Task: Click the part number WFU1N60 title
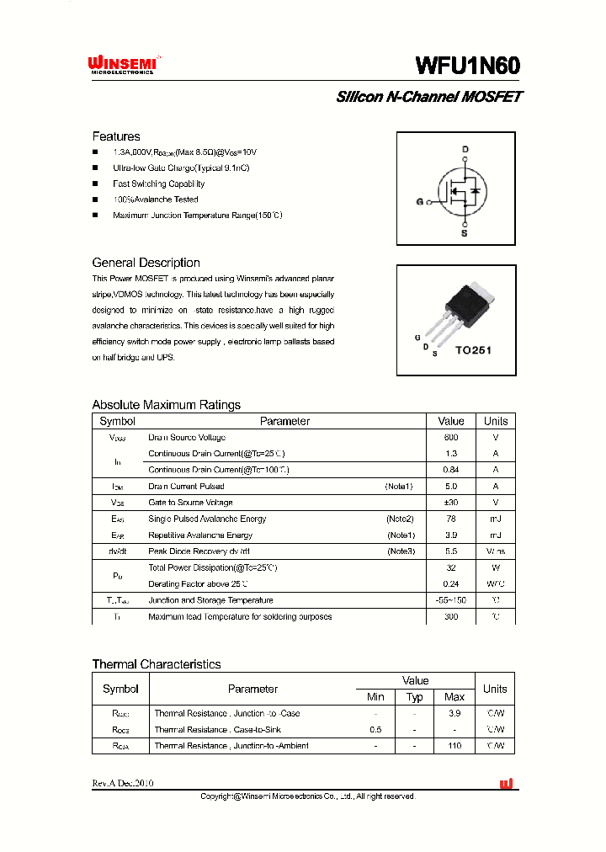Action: pos(468,66)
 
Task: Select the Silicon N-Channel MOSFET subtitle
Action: pos(429,97)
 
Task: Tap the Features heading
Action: pos(116,136)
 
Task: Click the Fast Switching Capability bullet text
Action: pos(159,184)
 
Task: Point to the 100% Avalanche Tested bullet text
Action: pos(156,200)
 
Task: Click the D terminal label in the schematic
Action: pos(464,149)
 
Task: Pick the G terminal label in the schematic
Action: pos(419,202)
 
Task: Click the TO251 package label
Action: pos(473,350)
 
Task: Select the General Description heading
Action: pos(146,263)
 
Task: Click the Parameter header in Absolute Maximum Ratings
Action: pos(284,421)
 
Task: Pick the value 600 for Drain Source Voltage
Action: pos(451,438)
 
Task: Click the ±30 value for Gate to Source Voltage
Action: pos(451,503)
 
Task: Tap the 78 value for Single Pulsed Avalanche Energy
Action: pos(451,519)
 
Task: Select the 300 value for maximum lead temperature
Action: pos(451,616)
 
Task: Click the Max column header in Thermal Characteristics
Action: pos(454,697)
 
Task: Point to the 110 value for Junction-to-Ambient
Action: pos(454,746)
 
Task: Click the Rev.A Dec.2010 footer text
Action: pos(123,783)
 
